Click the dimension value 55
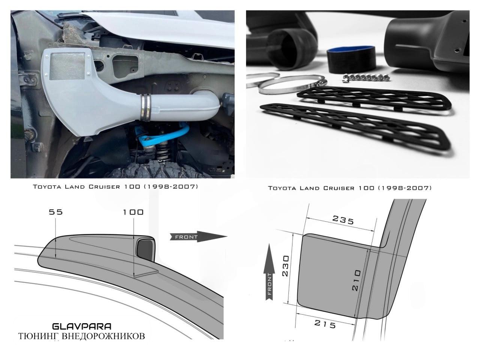click(x=55, y=212)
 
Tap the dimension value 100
click(x=133, y=212)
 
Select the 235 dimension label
click(x=343, y=220)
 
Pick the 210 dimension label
click(x=356, y=280)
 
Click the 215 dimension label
click(x=325, y=324)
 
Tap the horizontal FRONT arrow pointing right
click(x=198, y=237)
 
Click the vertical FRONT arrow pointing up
click(x=269, y=272)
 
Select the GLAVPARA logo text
click(x=82, y=327)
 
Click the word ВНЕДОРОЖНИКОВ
click(x=103, y=336)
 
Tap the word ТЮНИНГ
click(x=39, y=336)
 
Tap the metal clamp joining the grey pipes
click(x=145, y=107)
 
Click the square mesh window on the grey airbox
click(x=67, y=65)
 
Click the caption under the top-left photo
click(x=115, y=187)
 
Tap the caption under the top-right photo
click(x=350, y=188)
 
